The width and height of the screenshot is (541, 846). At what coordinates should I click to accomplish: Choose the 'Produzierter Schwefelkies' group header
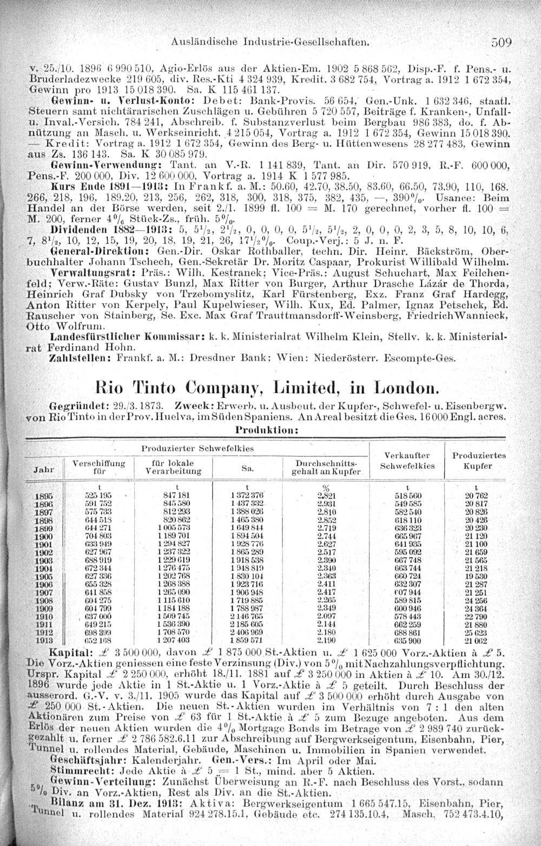pos(197,448)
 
